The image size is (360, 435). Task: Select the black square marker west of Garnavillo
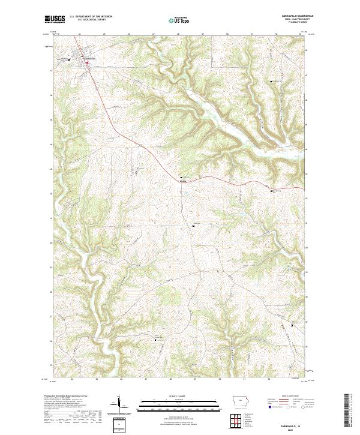point(69,60)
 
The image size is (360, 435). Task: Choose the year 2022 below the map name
point(290,431)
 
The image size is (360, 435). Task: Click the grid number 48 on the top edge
point(178,34)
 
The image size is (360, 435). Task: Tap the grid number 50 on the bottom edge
point(220,379)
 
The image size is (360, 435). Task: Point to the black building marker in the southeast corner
point(292,325)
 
